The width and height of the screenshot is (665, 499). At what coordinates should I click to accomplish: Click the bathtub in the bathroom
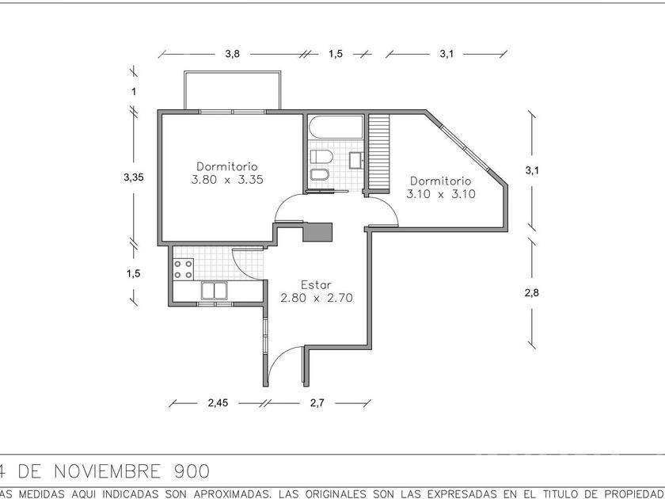pyautogui.click(x=335, y=128)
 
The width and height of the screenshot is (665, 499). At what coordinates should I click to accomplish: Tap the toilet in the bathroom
pyautogui.click(x=322, y=155)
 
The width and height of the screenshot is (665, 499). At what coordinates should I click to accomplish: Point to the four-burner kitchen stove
pyautogui.click(x=184, y=268)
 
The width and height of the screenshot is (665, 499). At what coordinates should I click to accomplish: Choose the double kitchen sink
pyautogui.click(x=215, y=291)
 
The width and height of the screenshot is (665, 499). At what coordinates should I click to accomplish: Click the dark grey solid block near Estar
pyautogui.click(x=318, y=231)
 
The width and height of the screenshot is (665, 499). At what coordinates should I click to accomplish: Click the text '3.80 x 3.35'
pyautogui.click(x=226, y=180)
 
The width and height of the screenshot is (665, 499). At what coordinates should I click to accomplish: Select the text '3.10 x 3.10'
pyautogui.click(x=441, y=194)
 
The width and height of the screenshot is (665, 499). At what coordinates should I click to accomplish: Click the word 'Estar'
pyautogui.click(x=315, y=284)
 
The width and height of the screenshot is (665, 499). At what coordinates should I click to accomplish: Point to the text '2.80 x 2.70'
pyautogui.click(x=316, y=299)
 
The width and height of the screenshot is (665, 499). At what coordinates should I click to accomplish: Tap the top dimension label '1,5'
pyautogui.click(x=335, y=54)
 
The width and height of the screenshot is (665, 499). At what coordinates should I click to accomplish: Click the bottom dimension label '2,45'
pyautogui.click(x=217, y=403)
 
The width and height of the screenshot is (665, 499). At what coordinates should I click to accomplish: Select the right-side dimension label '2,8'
pyautogui.click(x=531, y=293)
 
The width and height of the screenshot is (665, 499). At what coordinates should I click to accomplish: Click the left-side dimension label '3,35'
pyautogui.click(x=134, y=177)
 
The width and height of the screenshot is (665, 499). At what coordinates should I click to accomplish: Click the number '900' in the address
pyautogui.click(x=191, y=472)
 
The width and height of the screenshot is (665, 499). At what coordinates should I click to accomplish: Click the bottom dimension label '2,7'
pyautogui.click(x=317, y=403)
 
